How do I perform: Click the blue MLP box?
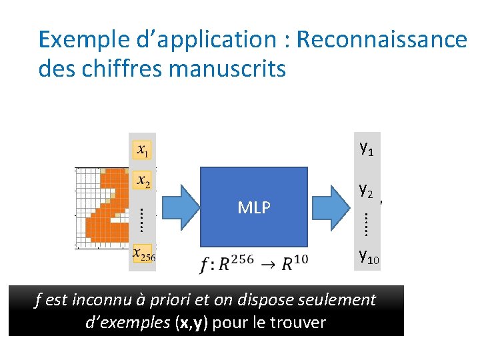(x=254, y=207)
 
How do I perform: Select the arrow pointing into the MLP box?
(x=176, y=207)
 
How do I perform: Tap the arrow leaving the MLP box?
(x=331, y=207)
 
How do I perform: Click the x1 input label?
(x=143, y=151)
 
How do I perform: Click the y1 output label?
(x=366, y=148)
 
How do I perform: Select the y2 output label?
(x=365, y=191)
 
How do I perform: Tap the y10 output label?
(x=369, y=255)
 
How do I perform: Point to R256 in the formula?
(x=237, y=263)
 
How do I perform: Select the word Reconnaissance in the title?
(x=382, y=40)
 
